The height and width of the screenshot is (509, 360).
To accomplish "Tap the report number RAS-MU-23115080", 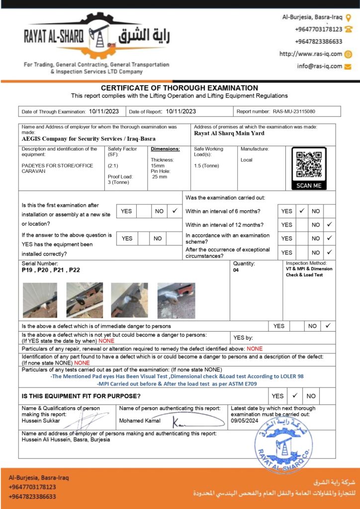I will point(294,112).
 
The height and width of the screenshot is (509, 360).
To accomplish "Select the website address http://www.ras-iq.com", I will point(311,54).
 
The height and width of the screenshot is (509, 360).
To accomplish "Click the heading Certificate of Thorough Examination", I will point(180,88).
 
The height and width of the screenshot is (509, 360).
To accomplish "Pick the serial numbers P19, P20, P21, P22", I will point(51,270).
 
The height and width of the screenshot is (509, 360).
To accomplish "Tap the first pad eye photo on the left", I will point(40,300).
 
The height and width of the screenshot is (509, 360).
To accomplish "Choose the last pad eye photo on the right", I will point(176,300).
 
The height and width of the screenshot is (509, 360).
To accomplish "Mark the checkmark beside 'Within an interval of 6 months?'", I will point(301,211).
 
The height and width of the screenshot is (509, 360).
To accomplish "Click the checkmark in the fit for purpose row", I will point(294,396).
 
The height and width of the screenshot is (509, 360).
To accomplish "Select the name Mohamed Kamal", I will point(140,421).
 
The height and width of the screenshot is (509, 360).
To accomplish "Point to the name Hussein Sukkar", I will point(41,421).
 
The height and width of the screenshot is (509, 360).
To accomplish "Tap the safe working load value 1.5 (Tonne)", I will point(206,166).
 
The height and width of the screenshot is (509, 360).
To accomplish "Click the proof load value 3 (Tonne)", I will point(118,182).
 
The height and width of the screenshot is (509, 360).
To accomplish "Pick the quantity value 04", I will point(236,270).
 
